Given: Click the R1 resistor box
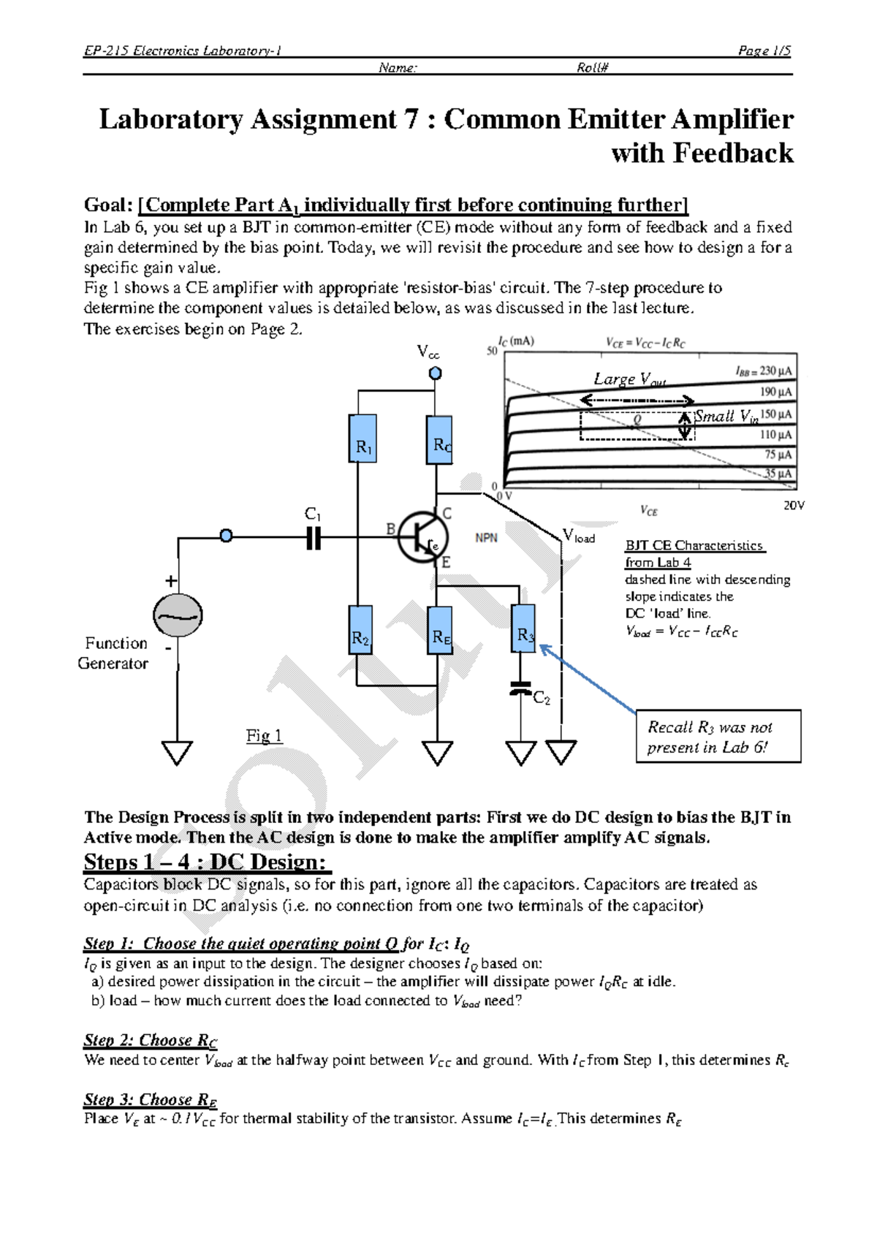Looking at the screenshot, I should click(x=362, y=439).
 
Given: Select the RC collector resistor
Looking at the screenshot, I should click(x=439, y=440).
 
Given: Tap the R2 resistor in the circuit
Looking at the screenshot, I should click(x=360, y=629).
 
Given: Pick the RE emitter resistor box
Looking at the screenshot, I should click(x=440, y=630).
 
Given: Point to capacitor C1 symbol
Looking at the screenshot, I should click(x=314, y=538).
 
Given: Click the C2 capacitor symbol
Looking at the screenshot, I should click(x=521, y=689).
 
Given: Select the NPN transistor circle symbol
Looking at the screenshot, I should click(x=422, y=537).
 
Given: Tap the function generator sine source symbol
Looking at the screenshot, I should click(x=178, y=615).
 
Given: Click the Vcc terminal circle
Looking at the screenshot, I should click(x=435, y=373).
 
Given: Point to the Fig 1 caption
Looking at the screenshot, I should click(x=264, y=735).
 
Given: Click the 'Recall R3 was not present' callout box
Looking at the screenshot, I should click(x=718, y=737).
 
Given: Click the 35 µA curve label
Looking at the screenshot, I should click(x=778, y=474).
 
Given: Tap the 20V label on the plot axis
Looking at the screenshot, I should click(x=794, y=506).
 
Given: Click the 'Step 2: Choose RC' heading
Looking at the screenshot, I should click(x=151, y=1040).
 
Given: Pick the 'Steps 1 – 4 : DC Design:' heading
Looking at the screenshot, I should click(x=207, y=862).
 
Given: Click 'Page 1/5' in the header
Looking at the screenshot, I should click(x=764, y=50).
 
